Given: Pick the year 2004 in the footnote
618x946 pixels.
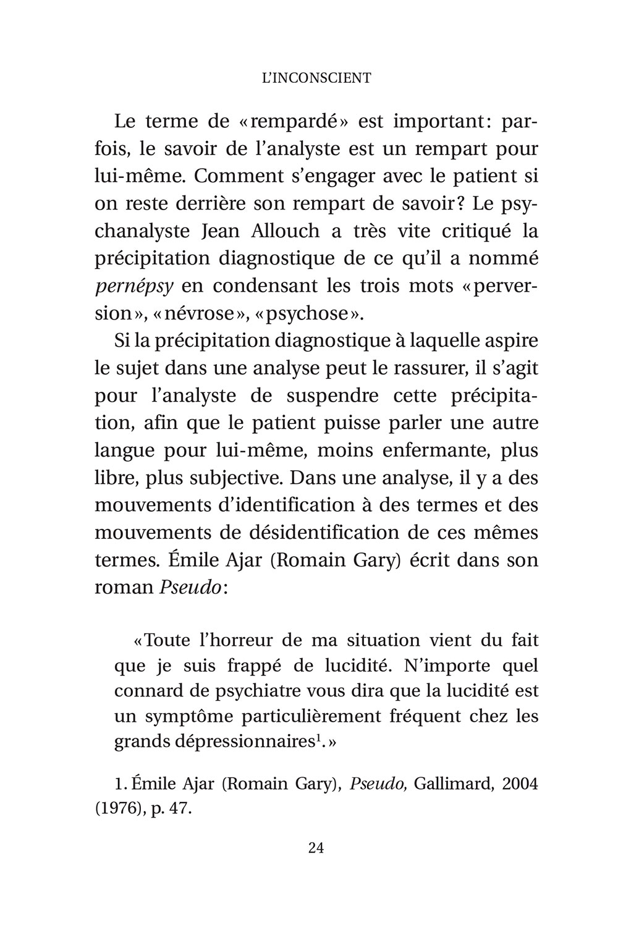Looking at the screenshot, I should point(520,784).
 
